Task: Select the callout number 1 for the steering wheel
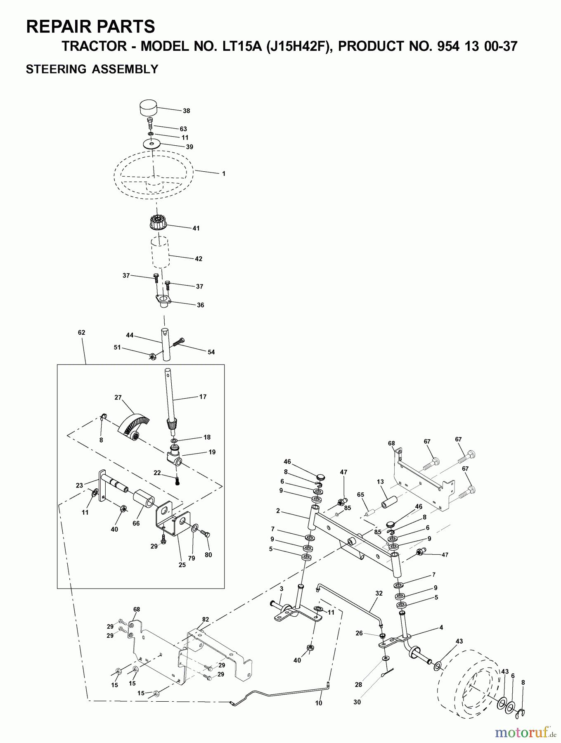(223, 174)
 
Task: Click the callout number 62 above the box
(81, 332)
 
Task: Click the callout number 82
(205, 619)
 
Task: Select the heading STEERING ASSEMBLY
(92, 69)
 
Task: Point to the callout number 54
(211, 352)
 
